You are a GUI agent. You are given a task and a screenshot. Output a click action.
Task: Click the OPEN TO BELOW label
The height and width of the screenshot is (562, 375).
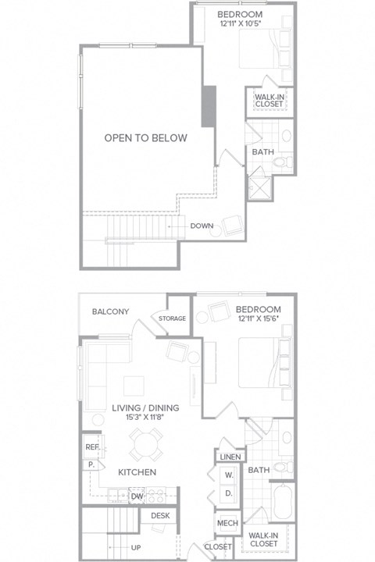146,138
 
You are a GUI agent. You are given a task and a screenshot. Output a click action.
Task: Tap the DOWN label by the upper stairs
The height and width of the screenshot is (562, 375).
202,226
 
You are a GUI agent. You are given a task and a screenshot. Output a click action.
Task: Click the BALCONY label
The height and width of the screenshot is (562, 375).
110,311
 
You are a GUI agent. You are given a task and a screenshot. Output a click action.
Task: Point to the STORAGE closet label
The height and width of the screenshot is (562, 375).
172,318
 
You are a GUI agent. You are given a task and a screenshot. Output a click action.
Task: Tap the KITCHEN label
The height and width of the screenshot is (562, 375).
137,472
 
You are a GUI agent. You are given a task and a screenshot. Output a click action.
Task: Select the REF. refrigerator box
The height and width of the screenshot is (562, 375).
91,448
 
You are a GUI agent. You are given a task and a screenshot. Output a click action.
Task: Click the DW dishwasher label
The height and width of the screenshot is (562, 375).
137,496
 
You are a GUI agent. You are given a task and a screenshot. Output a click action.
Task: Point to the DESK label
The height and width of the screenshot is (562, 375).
160,515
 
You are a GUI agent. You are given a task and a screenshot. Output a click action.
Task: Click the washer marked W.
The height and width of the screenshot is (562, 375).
230,475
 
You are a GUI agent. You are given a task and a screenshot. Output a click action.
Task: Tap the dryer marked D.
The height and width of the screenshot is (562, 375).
230,493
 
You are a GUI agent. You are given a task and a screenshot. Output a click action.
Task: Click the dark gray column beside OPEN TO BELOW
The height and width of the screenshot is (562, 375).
209,105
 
